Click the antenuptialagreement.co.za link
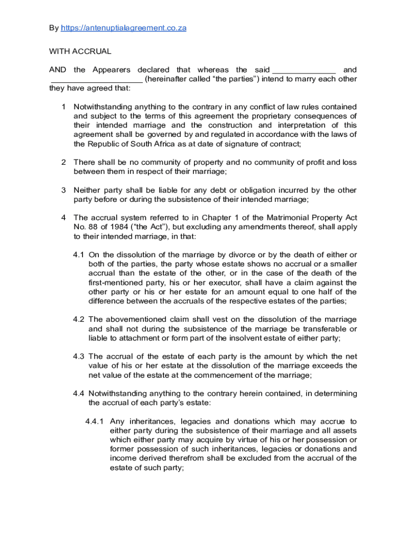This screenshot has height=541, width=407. point(123,28)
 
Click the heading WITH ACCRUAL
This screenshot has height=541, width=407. point(80,51)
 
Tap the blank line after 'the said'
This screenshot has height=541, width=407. point(303,70)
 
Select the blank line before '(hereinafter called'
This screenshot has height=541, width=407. point(96,79)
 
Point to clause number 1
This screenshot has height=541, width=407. point(63,107)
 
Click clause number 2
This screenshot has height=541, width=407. point(63,162)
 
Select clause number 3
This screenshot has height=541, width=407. point(63,190)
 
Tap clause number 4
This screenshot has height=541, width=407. point(63,218)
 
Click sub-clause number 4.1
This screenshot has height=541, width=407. point(79,255)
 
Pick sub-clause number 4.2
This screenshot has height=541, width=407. point(79,319)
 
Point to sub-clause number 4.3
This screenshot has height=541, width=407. point(79,357)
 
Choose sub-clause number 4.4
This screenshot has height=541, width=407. point(79,394)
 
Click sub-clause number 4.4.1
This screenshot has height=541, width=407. point(95,422)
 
